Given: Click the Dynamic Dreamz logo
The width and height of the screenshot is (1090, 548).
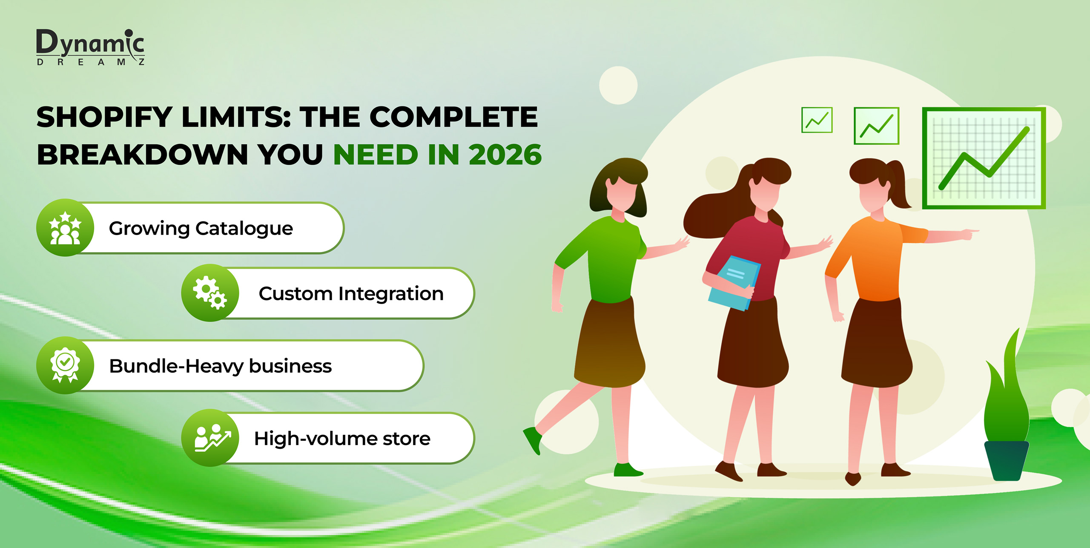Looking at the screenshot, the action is (x=90, y=47).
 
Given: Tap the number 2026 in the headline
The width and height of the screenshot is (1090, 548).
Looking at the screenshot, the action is (x=505, y=154).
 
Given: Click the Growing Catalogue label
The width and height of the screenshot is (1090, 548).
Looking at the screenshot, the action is (x=201, y=229).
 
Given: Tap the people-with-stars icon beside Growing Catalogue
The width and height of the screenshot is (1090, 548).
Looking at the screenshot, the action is (x=65, y=228).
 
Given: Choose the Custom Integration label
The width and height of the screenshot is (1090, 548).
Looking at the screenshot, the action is (x=351, y=293).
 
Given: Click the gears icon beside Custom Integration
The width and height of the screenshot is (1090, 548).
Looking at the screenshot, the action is (x=210, y=293).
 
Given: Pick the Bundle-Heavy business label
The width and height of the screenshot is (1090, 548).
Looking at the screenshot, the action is (x=221, y=366).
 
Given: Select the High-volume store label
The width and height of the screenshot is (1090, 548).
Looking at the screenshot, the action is (x=342, y=439).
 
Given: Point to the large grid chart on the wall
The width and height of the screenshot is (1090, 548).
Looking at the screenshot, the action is (x=984, y=158).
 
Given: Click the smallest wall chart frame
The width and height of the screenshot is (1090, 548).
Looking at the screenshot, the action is (x=817, y=120).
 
